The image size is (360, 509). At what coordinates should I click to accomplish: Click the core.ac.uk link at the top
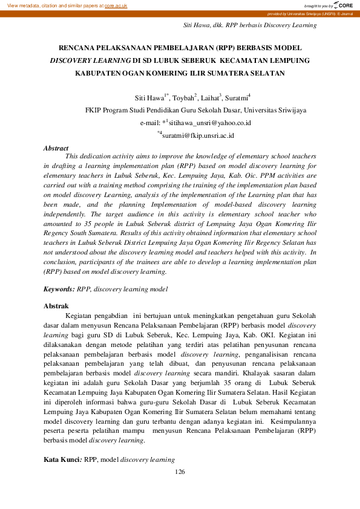click(x=116, y=5)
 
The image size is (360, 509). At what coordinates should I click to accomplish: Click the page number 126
click(x=180, y=472)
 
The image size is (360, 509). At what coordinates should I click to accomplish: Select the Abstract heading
click(x=56, y=148)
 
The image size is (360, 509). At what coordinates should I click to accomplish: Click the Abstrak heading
click(x=56, y=306)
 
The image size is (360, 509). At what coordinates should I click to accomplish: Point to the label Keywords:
click(x=59, y=290)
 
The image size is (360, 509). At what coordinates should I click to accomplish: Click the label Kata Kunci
click(x=62, y=460)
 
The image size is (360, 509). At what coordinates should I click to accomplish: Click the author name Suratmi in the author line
click(x=237, y=97)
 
